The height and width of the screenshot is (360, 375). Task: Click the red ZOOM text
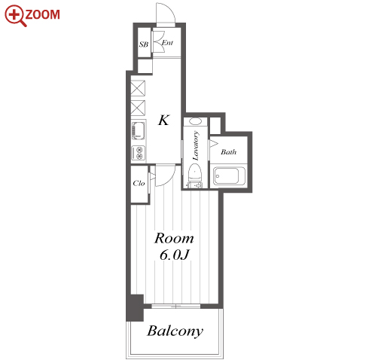coord(42,14)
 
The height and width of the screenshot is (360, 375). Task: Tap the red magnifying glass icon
coord(15,16)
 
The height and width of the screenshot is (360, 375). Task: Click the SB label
coord(144,44)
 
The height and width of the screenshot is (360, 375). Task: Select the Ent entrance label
coord(167,43)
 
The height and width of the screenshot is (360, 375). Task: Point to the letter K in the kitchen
coord(164,120)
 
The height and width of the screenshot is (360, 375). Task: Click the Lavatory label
coord(196,145)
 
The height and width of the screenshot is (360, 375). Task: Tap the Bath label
coord(228,151)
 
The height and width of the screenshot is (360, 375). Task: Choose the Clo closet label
coord(139,183)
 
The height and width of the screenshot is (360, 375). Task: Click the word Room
coord(174,238)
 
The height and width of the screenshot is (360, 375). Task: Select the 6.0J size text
coord(174,255)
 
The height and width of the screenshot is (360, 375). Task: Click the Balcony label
coord(175,331)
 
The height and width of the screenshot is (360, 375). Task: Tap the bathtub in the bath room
coord(229,175)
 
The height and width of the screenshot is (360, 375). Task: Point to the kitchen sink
coord(138,130)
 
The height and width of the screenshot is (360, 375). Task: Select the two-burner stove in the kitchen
coord(139,153)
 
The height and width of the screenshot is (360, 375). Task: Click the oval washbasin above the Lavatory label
coord(195,121)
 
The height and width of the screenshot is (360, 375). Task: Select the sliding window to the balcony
coord(176,306)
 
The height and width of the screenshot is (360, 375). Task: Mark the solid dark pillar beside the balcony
coord(135,308)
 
